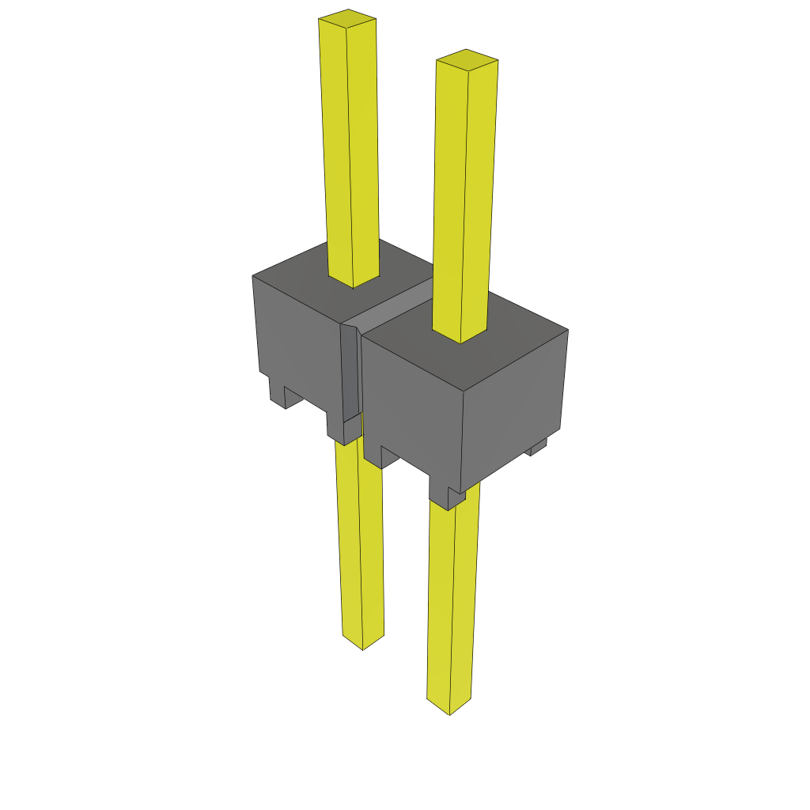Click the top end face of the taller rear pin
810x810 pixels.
(346, 19)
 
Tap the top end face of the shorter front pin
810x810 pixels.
(467, 59)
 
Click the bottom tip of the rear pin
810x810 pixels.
(363, 642)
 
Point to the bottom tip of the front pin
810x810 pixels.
(449, 708)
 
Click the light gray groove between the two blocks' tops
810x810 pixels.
(396, 305)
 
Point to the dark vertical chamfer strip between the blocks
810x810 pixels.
(350, 372)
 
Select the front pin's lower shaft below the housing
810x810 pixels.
(452, 601)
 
